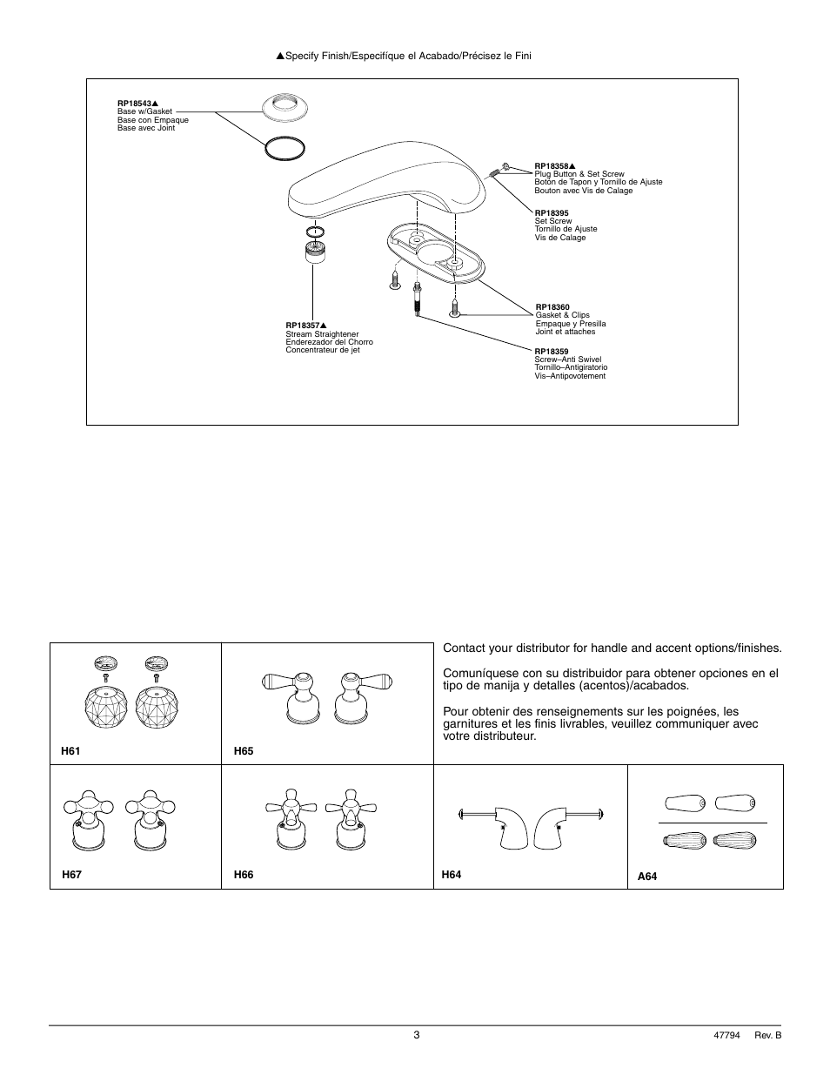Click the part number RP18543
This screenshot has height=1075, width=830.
pos(133,104)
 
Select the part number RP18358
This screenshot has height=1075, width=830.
pos(551,165)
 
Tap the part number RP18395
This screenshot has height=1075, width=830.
pos(551,212)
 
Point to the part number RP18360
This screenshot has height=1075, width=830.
pos(552,306)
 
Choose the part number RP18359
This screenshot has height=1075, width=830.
pos(551,352)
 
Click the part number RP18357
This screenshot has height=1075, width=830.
pos(302,326)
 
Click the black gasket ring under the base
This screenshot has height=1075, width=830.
pos(284,149)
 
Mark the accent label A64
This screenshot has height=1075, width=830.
pos(647,877)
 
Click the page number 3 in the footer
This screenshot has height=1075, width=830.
pos(417,1035)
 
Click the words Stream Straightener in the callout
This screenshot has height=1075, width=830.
pos(322,334)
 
